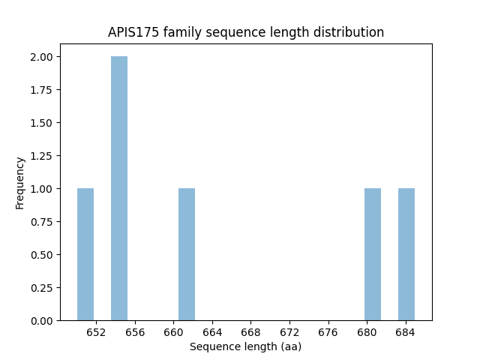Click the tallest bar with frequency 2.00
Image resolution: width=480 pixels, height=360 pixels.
pos(119,188)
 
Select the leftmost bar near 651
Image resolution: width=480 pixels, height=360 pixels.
pos(85,254)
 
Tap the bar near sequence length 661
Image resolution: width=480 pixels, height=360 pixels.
pos(187,254)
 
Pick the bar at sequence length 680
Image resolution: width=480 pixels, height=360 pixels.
pos(373,254)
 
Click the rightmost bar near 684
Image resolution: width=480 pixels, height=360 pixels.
pos(406,254)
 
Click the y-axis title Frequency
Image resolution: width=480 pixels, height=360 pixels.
pos(21,182)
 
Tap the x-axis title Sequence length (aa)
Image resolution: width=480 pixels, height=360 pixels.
pos(245,346)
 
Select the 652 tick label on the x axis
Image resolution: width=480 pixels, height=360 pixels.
pos(96,332)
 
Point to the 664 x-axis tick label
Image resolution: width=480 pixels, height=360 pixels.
pos(212,332)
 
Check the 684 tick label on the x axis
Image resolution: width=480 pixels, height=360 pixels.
pos(406,332)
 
